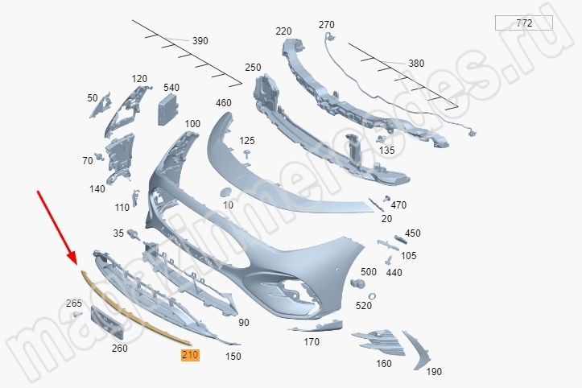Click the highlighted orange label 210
pyautogui.click(x=190, y=355)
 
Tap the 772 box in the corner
pyautogui.click(x=523, y=23)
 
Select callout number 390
pyautogui.click(x=200, y=40)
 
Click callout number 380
pyautogui.click(x=415, y=63)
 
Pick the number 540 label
pyautogui.click(x=171, y=87)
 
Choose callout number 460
pyautogui.click(x=224, y=103)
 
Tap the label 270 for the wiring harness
pyautogui.click(x=326, y=25)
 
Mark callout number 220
pyautogui.click(x=283, y=31)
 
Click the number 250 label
pyautogui.click(x=254, y=68)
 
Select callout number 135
pyautogui.click(x=387, y=150)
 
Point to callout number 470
pyautogui.click(x=398, y=204)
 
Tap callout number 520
pyautogui.click(x=364, y=305)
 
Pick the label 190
pyautogui.click(x=434, y=371)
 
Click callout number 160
pyautogui.click(x=384, y=363)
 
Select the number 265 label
pyautogui.click(x=74, y=303)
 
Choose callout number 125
pyautogui.click(x=247, y=141)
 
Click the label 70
pyautogui.click(x=87, y=161)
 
